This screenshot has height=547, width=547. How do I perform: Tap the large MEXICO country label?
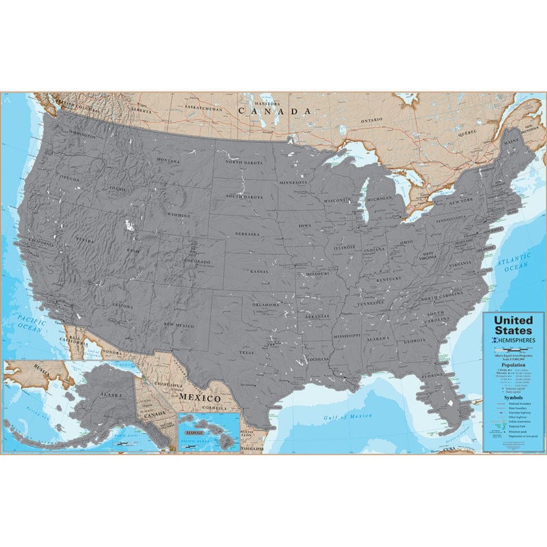[x=200, y=397]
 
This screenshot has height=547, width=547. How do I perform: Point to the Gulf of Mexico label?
[x=348, y=416]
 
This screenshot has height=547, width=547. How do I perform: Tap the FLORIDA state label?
[x=432, y=375]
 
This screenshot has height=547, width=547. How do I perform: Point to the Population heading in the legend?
[x=513, y=365]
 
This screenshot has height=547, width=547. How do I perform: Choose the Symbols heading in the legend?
[x=513, y=397]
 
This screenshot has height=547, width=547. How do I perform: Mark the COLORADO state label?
[x=197, y=261]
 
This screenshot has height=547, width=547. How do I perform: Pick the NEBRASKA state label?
[x=248, y=233]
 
